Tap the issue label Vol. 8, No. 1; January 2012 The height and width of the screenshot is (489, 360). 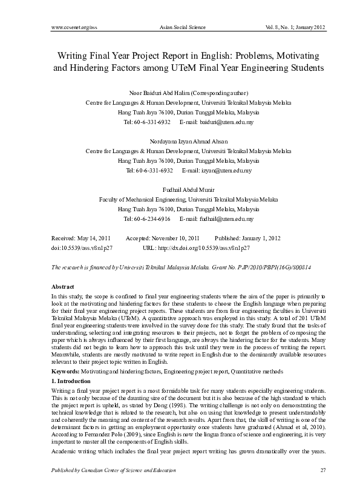click(290, 27)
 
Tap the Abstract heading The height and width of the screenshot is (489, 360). click(46, 285)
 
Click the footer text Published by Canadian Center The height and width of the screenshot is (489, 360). click(106, 470)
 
